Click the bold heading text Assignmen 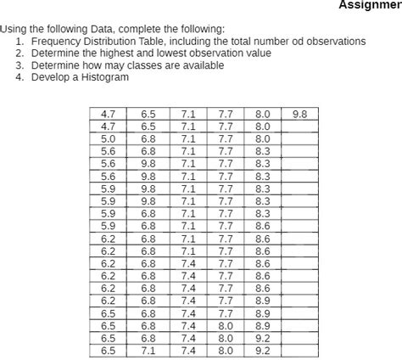(x=370, y=5)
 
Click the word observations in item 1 (x=335, y=41)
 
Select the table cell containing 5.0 (x=109, y=138)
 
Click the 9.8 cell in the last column (x=299, y=113)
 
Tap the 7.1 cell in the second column (x=148, y=350)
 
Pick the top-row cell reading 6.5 (x=148, y=113)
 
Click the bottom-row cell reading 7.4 (x=187, y=350)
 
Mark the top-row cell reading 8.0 (x=262, y=113)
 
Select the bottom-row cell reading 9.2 (x=262, y=350)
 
